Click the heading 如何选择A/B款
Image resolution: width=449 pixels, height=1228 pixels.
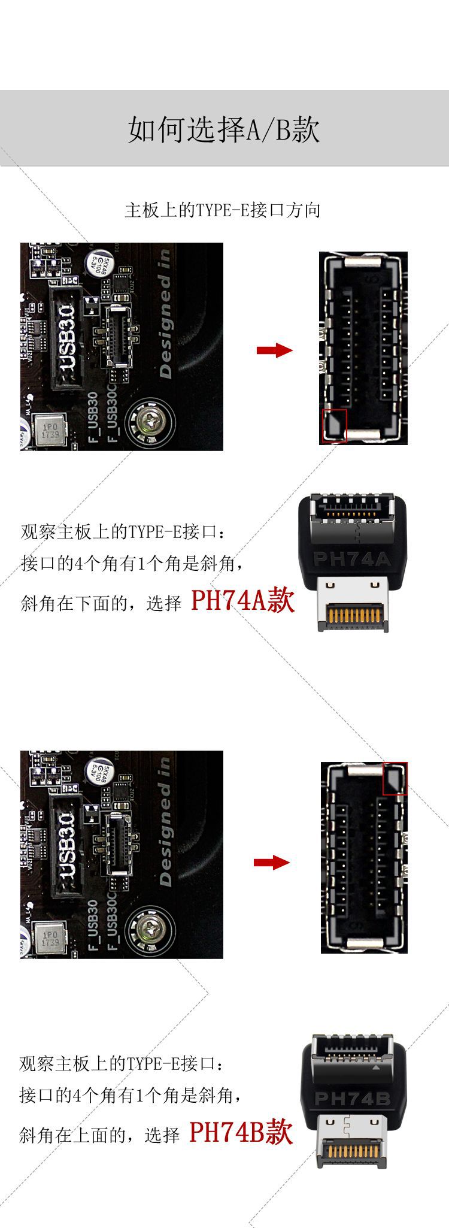point(224,129)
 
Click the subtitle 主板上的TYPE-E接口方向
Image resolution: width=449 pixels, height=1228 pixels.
point(223,210)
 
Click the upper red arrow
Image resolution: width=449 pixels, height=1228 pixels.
point(274,350)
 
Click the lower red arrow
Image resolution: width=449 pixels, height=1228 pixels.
point(271,863)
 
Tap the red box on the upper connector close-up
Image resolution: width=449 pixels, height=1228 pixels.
point(334,426)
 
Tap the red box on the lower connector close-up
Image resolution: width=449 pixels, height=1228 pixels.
point(395,779)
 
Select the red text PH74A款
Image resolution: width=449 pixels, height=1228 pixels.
point(242,600)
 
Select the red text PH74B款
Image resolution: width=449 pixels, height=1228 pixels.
point(241,1132)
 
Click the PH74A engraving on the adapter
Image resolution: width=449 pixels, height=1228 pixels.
point(351,559)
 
